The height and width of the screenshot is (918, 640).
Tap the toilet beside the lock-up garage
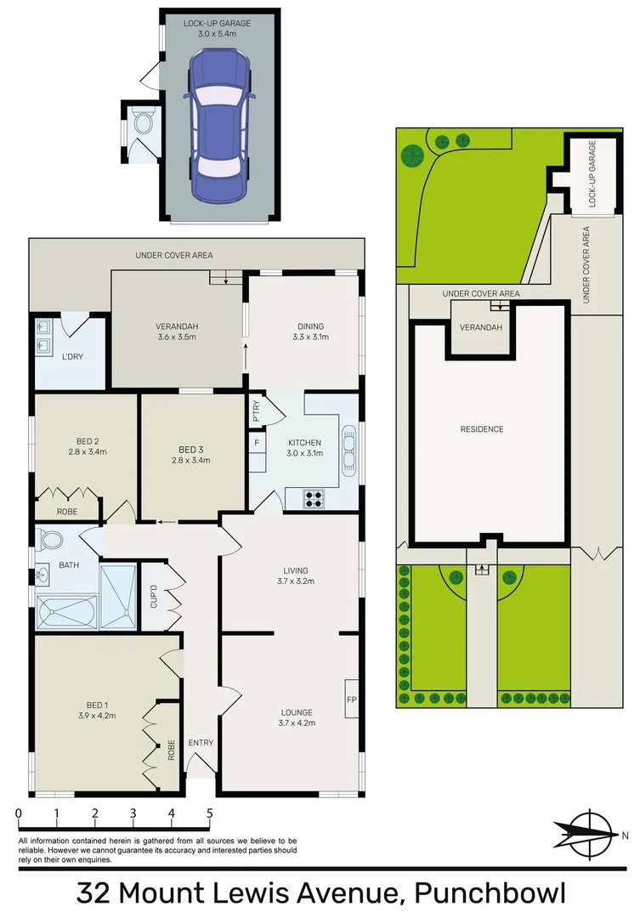tap(141, 127)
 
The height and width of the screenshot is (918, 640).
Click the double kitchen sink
tap(348, 451)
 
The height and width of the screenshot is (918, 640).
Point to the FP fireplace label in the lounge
tap(351, 700)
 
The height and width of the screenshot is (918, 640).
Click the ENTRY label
tap(201, 743)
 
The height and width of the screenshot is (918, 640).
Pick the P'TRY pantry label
tap(256, 413)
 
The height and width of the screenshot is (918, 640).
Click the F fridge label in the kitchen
tap(256, 444)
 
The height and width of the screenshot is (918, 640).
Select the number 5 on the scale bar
tap(210, 813)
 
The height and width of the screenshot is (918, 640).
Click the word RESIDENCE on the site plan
tap(482, 429)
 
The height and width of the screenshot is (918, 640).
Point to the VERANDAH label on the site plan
tap(480, 328)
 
